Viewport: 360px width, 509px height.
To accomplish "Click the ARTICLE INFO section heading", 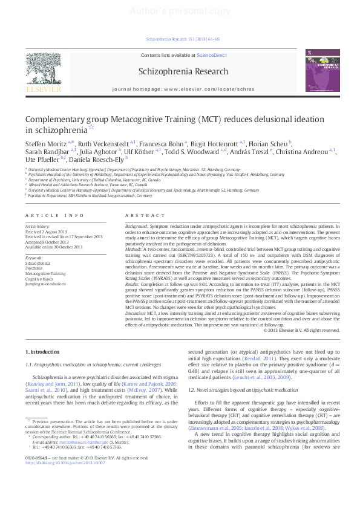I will (55, 216).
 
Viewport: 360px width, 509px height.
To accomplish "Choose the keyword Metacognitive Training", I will (46, 274).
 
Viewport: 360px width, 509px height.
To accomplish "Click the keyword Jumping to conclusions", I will (44, 284).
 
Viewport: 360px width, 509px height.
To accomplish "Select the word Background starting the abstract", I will (138, 226).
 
